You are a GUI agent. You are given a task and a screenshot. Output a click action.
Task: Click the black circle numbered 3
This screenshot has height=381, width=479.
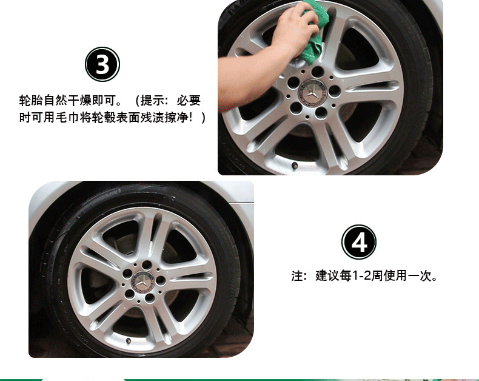click(102, 64)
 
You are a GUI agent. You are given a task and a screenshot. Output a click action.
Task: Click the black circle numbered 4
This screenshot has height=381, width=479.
click(358, 242)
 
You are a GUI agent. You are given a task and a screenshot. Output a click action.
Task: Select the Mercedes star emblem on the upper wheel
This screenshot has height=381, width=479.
click(312, 93)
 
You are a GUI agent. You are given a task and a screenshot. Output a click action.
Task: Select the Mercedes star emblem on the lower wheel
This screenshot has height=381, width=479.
click(142, 282)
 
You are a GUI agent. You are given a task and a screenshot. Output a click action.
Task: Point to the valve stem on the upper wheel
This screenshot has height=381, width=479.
click(295, 166)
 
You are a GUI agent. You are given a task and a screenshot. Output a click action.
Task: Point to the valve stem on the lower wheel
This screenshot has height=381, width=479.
click(129, 340)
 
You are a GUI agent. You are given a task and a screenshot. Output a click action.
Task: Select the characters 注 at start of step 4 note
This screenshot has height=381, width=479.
click(297, 276)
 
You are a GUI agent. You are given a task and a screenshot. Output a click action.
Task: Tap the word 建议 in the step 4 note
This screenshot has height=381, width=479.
click(327, 276)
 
